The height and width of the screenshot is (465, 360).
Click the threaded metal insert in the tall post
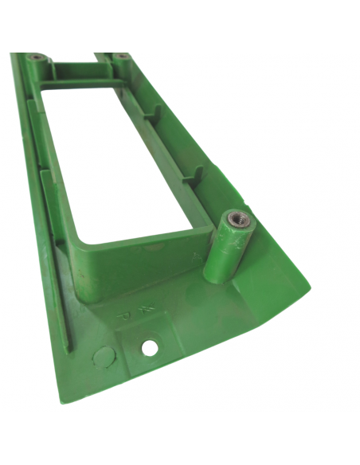[x=237, y=217]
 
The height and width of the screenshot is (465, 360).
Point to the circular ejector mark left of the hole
[x=103, y=356]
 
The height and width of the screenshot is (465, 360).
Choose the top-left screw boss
[x=37, y=59]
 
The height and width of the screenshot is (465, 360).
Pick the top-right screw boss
[x=121, y=57]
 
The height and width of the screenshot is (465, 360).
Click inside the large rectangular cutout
[x=119, y=159]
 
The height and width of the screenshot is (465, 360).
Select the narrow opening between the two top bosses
[x=79, y=60]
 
